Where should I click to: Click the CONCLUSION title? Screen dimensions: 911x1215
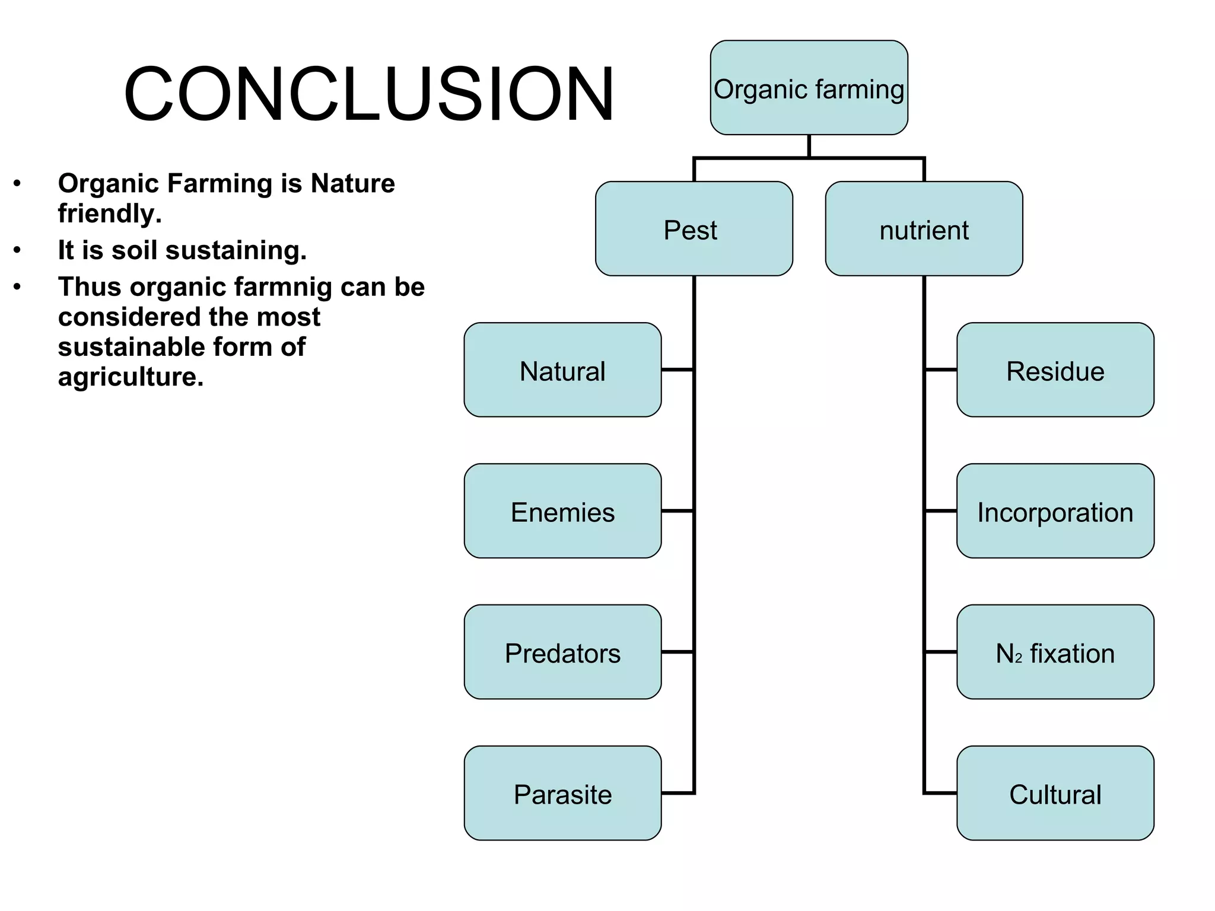[368, 94]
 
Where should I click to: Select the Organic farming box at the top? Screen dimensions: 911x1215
[809, 88]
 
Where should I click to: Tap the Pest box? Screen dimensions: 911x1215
[694, 229]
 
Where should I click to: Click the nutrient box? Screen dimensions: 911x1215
[924, 229]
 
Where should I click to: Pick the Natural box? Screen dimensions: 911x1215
[562, 370]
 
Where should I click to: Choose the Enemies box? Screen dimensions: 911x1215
[562, 511]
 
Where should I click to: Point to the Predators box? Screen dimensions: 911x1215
[562, 652]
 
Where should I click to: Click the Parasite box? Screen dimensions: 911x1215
[562, 794]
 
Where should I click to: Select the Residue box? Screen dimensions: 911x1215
[1055, 370]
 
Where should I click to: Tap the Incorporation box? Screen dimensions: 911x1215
[1055, 511]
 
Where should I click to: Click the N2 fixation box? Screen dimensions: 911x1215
[1055, 652]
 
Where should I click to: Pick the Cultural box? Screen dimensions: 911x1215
[1055, 794]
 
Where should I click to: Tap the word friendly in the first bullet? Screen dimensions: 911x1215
[109, 214]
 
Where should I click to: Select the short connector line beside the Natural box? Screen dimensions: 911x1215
[677, 370]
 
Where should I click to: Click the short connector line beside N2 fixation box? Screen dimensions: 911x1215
[940, 652]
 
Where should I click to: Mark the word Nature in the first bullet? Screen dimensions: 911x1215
[352, 183]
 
